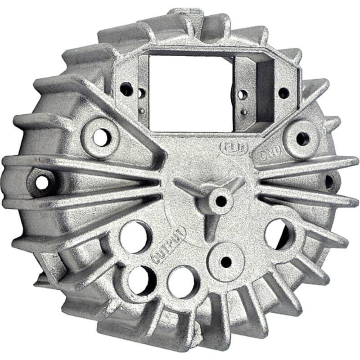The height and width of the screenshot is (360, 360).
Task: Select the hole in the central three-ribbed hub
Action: (x=220, y=199)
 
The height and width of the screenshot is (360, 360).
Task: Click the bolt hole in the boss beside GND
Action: (x=300, y=138)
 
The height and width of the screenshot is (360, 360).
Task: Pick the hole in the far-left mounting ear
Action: (x=42, y=182)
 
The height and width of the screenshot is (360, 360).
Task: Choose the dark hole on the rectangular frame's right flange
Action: (x=283, y=93)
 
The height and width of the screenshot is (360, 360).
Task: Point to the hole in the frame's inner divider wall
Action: (x=242, y=94)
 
